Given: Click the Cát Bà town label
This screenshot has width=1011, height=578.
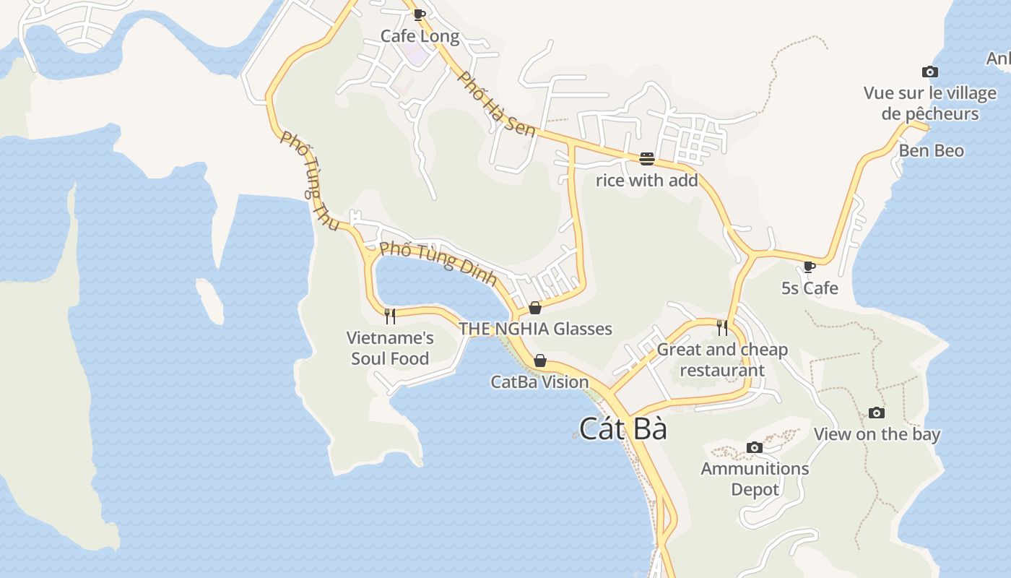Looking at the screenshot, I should (622, 429).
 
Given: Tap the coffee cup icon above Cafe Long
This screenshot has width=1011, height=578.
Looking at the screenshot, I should (419, 14).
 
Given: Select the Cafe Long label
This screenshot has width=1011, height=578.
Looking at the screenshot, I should (420, 36).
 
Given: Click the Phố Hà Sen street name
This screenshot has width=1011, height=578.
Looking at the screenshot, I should (498, 105).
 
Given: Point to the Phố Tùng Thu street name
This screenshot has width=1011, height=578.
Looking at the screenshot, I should (309, 181).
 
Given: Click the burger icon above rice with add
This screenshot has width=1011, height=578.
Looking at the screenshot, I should (646, 159).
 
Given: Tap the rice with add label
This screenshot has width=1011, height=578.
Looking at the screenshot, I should (646, 181).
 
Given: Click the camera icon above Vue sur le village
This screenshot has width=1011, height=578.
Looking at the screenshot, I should (930, 72).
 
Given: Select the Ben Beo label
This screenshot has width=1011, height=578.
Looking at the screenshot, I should (931, 151).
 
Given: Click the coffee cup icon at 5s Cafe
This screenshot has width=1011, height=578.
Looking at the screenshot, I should (810, 267).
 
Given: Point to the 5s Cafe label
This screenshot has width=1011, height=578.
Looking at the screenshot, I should (810, 288).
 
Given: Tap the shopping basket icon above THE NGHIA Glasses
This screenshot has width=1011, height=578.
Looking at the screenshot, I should (535, 309).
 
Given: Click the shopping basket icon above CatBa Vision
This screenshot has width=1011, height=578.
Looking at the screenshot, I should (539, 361).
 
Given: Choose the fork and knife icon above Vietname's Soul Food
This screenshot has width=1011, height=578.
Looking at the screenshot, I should (390, 316).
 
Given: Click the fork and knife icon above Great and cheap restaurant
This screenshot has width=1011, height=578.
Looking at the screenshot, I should (722, 327).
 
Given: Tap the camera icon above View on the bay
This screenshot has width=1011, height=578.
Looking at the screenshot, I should (877, 413).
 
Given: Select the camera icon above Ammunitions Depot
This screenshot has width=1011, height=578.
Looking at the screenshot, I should (755, 447).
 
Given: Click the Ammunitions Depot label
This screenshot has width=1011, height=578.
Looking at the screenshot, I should (755, 479).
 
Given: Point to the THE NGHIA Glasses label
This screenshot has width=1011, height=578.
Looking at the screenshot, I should (535, 329).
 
